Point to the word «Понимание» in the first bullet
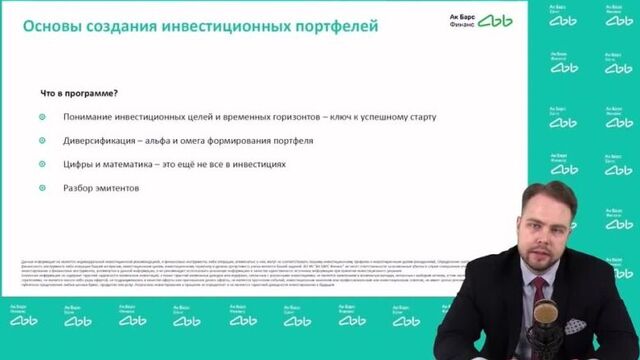[93, 118]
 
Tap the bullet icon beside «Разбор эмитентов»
[42, 188]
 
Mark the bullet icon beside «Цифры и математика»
[42, 165]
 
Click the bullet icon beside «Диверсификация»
[42, 141]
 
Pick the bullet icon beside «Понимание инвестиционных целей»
[42, 118]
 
